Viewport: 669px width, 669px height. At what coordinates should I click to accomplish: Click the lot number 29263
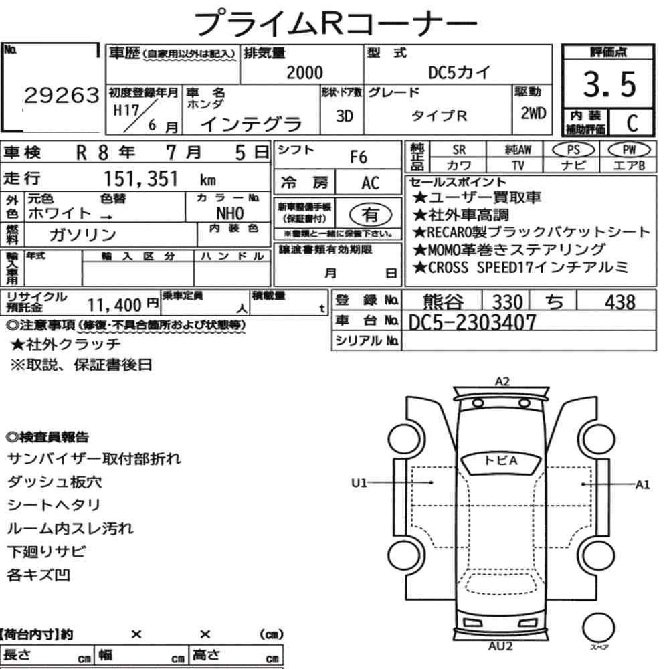click(x=62, y=95)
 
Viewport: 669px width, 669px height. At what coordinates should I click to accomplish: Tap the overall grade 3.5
click(x=609, y=84)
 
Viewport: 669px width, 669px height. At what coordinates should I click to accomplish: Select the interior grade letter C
click(x=632, y=123)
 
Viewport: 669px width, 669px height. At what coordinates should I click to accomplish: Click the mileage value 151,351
click(x=141, y=179)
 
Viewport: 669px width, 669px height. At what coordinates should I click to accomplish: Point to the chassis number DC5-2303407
click(x=472, y=322)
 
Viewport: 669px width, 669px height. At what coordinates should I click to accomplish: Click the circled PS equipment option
click(x=573, y=150)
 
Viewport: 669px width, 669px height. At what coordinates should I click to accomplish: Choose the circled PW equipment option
click(x=629, y=149)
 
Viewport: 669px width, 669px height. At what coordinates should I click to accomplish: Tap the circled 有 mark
click(x=371, y=214)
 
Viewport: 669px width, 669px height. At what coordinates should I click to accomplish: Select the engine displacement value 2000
click(x=304, y=72)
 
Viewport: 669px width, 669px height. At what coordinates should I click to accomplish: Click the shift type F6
click(x=359, y=157)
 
